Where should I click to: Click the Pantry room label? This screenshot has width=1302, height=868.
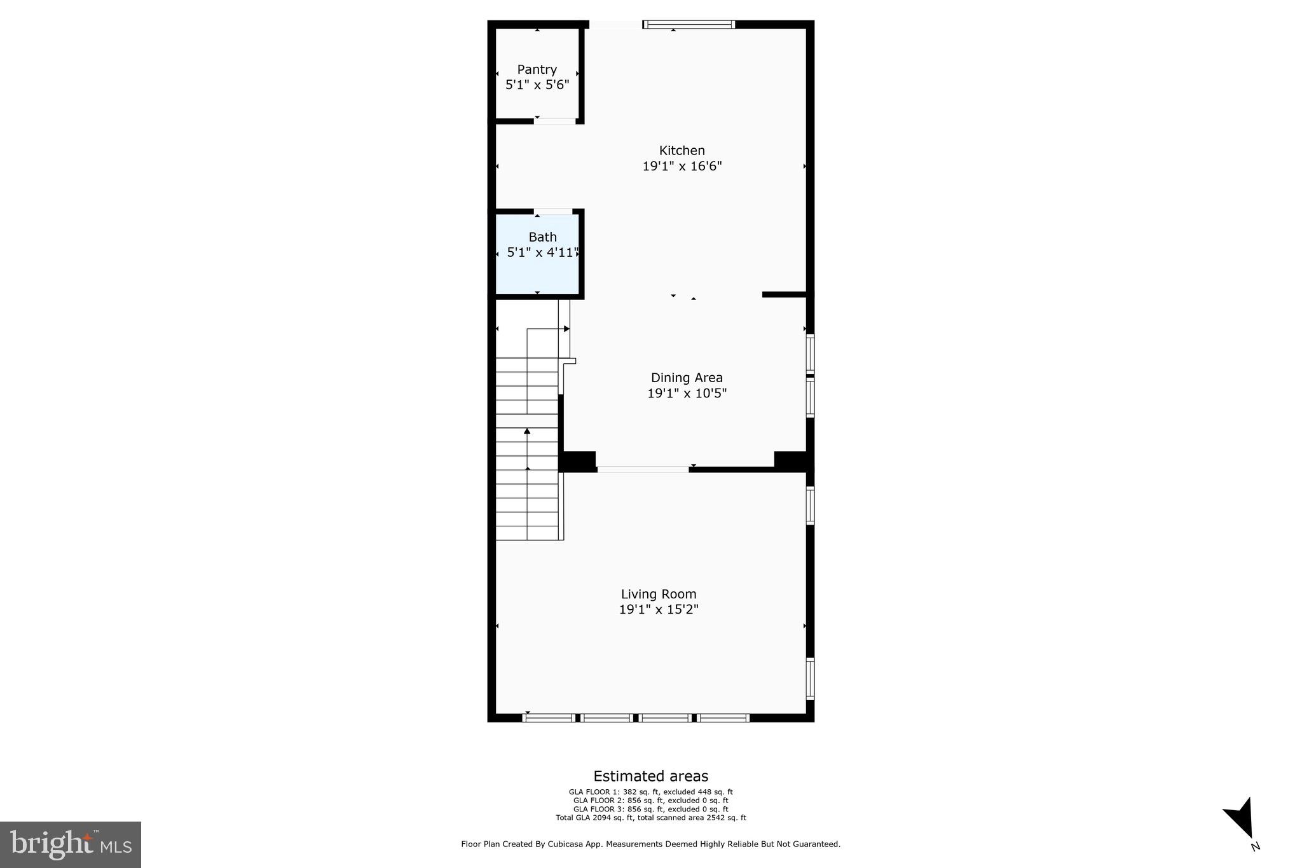pos(537,69)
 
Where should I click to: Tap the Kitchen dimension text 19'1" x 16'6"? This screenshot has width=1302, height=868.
pos(682,167)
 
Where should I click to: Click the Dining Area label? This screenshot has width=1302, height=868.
pos(687,378)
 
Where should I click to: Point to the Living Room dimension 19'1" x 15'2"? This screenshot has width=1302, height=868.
pos(659,610)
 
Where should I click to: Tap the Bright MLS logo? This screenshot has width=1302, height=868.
pos(71,844)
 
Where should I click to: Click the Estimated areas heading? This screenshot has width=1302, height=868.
pos(650,776)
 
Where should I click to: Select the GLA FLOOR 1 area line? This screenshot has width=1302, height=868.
pos(650,792)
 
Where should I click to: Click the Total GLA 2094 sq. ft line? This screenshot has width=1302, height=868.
pos(650,818)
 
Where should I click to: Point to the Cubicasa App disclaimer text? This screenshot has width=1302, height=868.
pos(650,844)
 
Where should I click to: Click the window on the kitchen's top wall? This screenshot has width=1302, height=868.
pos(689,25)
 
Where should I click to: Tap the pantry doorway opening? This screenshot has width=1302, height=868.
pos(555,121)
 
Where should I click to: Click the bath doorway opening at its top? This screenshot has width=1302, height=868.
pos(552,211)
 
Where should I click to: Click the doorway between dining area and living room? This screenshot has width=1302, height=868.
pos(642,470)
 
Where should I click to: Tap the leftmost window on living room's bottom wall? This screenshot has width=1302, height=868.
pos(548,718)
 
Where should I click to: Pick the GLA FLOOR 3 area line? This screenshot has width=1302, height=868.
pos(650,809)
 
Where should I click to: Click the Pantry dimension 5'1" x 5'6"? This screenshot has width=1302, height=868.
pos(537,85)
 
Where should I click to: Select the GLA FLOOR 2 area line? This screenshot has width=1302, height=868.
pos(650,801)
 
